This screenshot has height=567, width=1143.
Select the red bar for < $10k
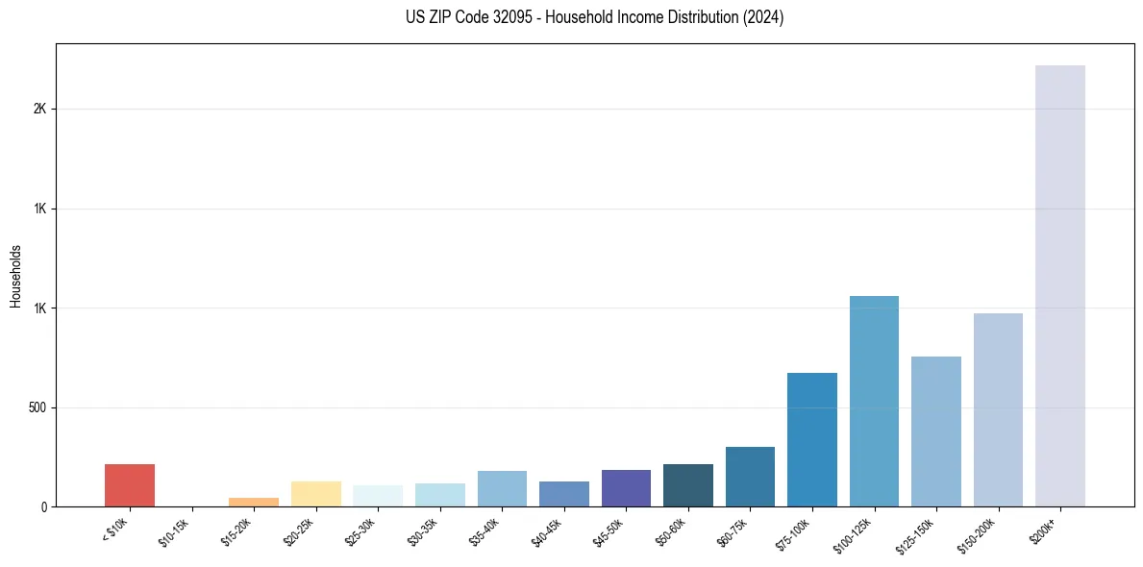coord(130,485)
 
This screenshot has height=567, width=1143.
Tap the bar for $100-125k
coord(874,401)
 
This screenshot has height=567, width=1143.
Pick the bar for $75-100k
coord(812,439)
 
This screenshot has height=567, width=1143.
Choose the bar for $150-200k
coord(998,409)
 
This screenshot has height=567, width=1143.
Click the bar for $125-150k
coord(935,431)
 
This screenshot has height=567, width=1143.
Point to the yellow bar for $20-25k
coord(316,494)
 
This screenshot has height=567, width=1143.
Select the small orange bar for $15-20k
coord(254,502)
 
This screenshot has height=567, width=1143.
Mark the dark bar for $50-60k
coord(688,485)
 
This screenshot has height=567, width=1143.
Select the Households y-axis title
coord(15,275)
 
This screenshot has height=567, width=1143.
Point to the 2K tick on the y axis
coord(39,110)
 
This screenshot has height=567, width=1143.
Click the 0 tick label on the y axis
coord(44,507)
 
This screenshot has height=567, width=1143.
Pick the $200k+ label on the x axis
coord(1044,528)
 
